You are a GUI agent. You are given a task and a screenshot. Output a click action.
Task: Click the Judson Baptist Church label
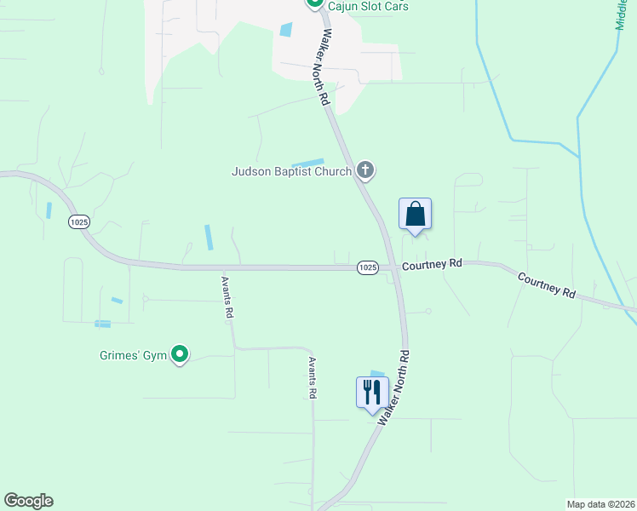pos(291,171)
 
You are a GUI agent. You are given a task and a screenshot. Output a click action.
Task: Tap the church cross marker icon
pos(365,170)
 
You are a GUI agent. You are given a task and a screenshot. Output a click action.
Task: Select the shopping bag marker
pos(415,214)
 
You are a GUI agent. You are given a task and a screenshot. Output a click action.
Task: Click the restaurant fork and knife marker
pos(372,393)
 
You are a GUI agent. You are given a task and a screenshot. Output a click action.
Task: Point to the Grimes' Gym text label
pos(130,354)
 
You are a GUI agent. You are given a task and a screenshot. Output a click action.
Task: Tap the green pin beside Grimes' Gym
pos(180,353)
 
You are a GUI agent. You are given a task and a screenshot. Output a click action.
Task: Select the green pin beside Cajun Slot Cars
pos(313,4)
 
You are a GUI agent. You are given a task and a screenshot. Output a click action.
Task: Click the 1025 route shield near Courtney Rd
pos(367,267)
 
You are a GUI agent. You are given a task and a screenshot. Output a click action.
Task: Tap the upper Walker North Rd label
pos(324,66)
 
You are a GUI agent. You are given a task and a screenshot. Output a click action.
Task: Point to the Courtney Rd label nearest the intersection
pos(432,265)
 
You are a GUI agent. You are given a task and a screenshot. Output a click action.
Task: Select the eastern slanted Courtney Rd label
pos(546,285)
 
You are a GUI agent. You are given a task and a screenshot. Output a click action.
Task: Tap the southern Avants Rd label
pos(313,378)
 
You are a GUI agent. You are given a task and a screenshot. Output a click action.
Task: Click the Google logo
pos(28,501)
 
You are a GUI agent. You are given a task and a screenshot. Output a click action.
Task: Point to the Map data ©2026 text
pos(601,504)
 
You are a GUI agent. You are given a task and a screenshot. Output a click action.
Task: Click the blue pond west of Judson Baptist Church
pos(308,163)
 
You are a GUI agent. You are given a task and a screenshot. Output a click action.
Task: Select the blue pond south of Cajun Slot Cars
pos(285,29)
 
